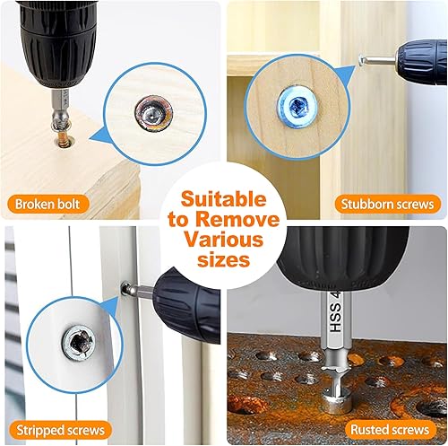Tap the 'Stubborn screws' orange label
click(x=388, y=204)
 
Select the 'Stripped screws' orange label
click(x=58, y=429)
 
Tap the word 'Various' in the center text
click(x=224, y=240)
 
